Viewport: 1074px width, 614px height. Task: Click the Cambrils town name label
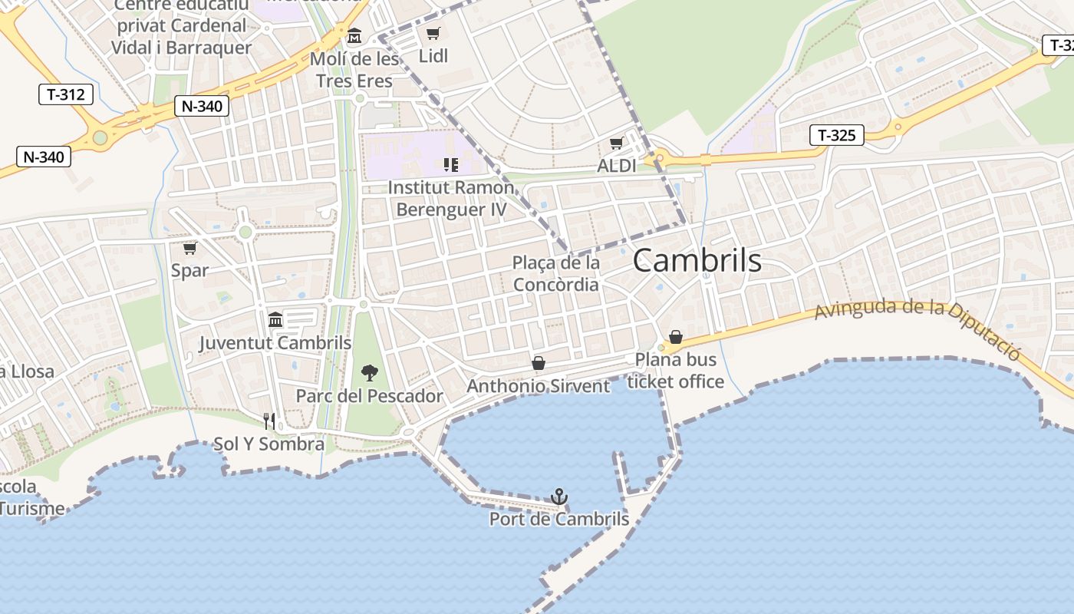tap(697, 261)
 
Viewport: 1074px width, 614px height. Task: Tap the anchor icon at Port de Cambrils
tap(559, 497)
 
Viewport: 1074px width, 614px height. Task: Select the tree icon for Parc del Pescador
tap(370, 374)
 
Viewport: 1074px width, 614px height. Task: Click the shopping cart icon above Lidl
tap(433, 33)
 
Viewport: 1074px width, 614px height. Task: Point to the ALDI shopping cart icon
tap(616, 144)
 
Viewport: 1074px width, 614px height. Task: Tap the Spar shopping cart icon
tap(189, 248)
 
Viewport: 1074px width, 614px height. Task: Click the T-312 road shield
tap(66, 94)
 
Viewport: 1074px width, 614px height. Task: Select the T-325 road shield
tap(836, 136)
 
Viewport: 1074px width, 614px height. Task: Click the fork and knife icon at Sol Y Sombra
tap(269, 421)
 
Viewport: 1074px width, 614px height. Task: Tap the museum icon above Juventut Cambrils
tap(275, 319)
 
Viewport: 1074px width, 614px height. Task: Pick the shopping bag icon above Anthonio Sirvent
tap(539, 362)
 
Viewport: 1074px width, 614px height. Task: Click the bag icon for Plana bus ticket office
tap(676, 336)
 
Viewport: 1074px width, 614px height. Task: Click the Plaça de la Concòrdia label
tap(556, 273)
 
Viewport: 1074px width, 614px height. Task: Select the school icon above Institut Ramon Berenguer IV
tap(451, 164)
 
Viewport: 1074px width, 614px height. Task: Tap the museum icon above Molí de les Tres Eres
tap(354, 36)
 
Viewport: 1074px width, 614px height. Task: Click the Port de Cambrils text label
tap(559, 520)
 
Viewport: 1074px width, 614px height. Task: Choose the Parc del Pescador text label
tap(370, 396)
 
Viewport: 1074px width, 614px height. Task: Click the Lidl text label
tap(433, 56)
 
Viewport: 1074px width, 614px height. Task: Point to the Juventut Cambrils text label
tap(275, 343)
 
